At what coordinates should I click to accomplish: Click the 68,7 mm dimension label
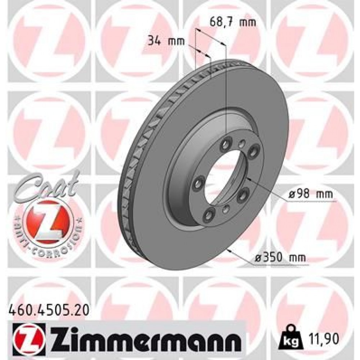[232, 23]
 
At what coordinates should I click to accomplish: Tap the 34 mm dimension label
[166, 41]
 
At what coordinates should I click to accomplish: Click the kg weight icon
[293, 338]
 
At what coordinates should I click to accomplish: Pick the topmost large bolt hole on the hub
[226, 143]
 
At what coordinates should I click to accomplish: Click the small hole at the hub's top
[242, 143]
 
